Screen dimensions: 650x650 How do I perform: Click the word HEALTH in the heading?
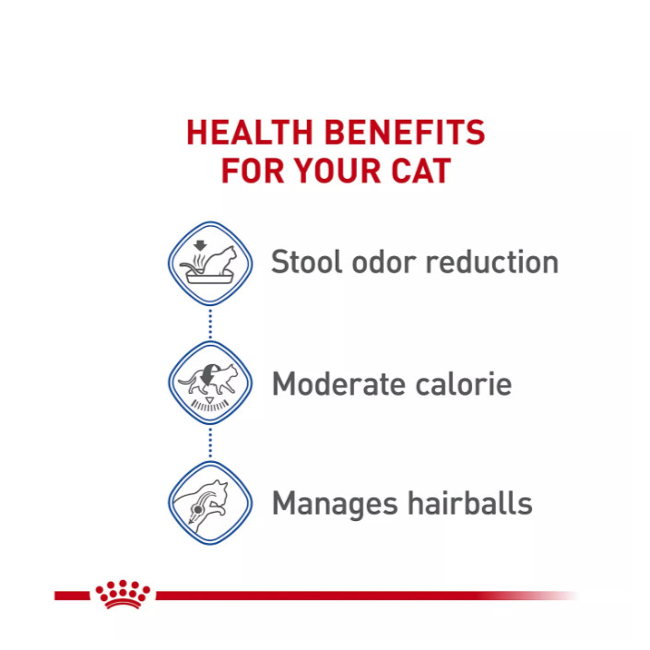250,132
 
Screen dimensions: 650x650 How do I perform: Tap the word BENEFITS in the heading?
405,132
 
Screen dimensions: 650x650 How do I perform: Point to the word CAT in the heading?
421,171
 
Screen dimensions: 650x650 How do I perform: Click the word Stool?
306,262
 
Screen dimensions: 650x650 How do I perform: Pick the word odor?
384,262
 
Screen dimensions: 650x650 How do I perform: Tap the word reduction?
492,262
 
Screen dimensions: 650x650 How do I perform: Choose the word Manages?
335,504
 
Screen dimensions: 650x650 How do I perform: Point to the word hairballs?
470,502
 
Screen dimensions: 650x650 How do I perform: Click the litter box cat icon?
210,264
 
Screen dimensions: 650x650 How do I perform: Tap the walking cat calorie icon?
210,383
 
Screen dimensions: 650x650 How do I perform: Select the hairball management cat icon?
210,502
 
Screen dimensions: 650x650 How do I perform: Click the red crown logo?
123,595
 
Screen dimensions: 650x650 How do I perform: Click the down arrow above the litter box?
200,245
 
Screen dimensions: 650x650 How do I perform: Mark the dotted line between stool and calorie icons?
210,324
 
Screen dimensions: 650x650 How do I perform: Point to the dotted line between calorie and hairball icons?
210,443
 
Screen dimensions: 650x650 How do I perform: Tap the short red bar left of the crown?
72,596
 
